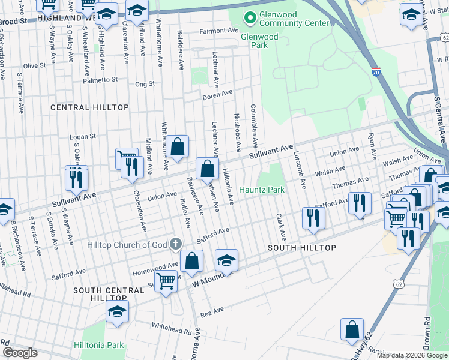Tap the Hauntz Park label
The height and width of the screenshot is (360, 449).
(262, 190)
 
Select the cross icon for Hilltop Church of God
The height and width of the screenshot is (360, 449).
(175, 244)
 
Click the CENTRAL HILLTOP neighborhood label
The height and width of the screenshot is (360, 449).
(89, 107)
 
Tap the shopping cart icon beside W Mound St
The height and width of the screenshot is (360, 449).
(166, 280)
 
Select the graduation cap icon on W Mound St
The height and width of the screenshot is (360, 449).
(226, 260)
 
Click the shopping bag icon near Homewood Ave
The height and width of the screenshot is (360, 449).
(191, 261)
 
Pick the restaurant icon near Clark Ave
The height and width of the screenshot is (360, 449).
(313, 217)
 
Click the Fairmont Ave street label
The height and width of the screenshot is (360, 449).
(218, 31)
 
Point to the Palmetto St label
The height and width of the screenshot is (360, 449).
(100, 80)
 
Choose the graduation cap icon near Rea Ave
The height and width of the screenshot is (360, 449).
(117, 311)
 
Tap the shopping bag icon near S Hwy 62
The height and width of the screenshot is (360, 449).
(352, 329)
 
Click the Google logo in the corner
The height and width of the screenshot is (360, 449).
(20, 353)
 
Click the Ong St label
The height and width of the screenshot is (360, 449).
(145, 85)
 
